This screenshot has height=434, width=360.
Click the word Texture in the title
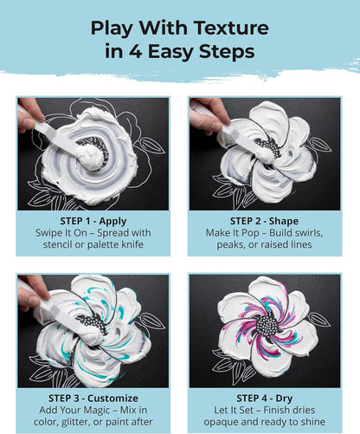coord(231,28)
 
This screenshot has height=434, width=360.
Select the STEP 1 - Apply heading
coord(93,221)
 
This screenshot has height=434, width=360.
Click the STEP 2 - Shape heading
coord(264,221)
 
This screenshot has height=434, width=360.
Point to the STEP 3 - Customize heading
coord(93,398)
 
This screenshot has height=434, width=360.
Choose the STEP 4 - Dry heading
coord(265,398)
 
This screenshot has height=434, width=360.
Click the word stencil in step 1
coord(57,244)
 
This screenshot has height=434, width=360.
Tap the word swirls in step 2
coord(306,233)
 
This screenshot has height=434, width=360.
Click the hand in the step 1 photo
coord(29,114)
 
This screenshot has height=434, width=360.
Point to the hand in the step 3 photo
coord(33,291)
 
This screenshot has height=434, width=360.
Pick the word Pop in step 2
coord(247,233)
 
